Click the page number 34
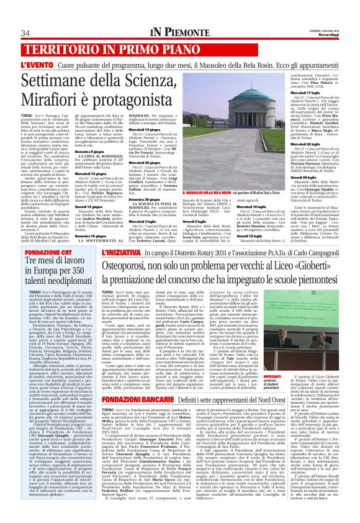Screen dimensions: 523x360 pyautogui.click(x=25, y=33)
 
